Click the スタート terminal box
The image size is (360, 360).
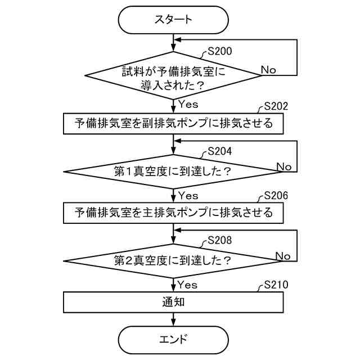pyautogui.click(x=173, y=19)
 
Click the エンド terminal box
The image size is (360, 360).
pyautogui.click(x=173, y=340)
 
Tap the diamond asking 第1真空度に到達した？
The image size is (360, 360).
pyautogui.click(x=173, y=170)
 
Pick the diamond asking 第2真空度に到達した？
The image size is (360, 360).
pyautogui.click(x=173, y=261)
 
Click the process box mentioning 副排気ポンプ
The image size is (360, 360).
pyautogui.click(x=173, y=123)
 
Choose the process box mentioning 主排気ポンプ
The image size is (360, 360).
pyautogui.click(x=173, y=213)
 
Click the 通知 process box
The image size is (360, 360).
pyautogui.click(x=173, y=302)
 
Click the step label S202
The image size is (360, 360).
pyautogui.click(x=275, y=106)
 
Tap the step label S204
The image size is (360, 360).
pyautogui.click(x=220, y=151)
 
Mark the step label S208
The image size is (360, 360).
pyautogui.click(x=220, y=240)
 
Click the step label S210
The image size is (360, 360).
pyautogui.click(x=275, y=285)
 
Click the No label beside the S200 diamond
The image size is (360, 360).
pyautogui.click(x=268, y=70)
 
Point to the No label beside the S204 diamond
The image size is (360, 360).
pyautogui.click(x=284, y=166)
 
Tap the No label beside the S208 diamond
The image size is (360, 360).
pyautogui.click(x=283, y=256)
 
